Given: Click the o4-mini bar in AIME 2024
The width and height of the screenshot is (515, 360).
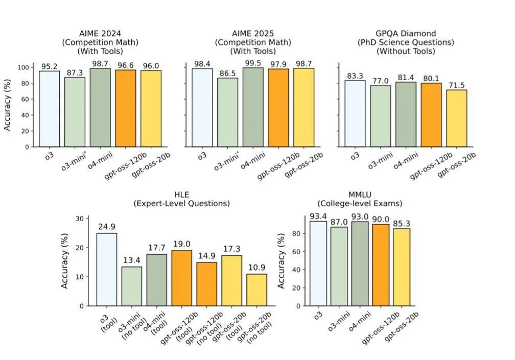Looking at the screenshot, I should tap(100, 107).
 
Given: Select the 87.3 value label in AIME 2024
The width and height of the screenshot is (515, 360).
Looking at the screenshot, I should tap(75, 73).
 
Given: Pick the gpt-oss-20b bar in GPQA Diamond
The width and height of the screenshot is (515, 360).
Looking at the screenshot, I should tap(456, 118).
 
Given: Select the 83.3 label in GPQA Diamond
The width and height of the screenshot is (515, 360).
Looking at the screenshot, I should tap(355, 76).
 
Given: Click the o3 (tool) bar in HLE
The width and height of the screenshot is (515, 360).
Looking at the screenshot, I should tap(106, 269).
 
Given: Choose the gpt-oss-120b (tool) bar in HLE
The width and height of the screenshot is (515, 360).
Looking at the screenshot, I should tap(181, 278).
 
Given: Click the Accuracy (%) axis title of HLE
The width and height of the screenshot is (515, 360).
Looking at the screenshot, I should tap(65, 261).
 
